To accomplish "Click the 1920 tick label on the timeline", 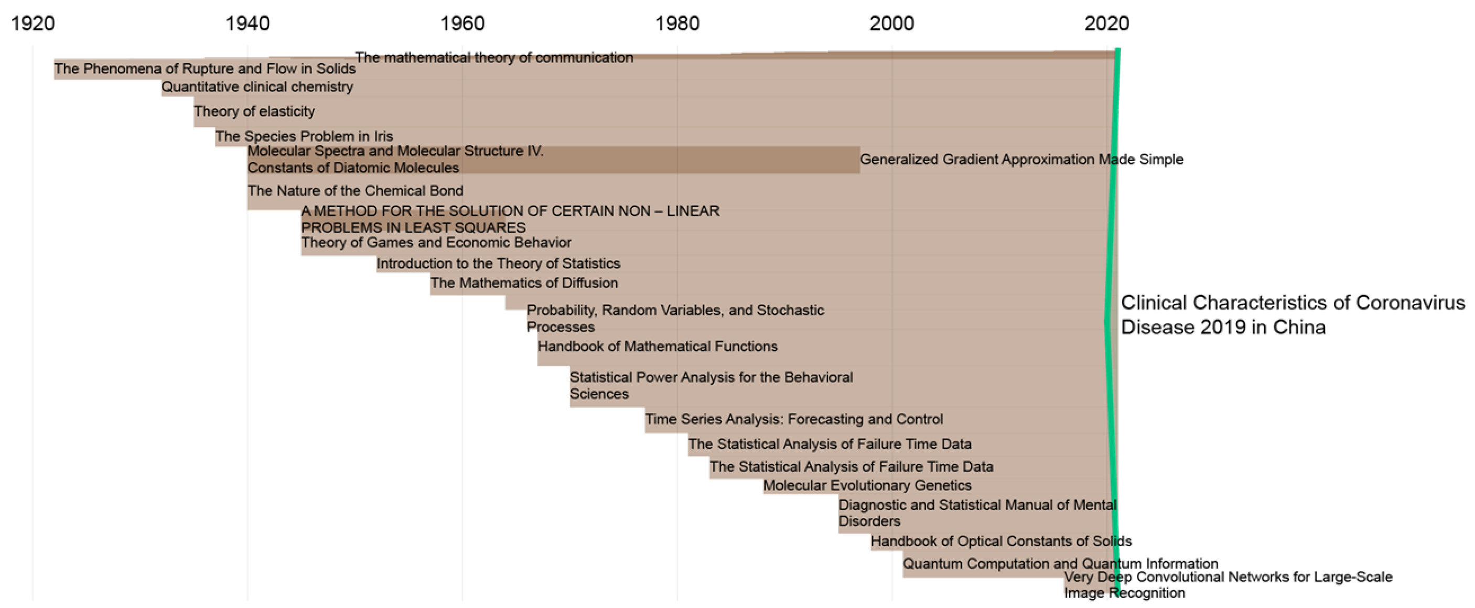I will point(33,24).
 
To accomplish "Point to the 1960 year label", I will point(462,24).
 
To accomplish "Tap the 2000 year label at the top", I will point(891,24).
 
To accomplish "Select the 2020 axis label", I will point(1106,24).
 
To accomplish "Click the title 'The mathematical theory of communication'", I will point(494,57).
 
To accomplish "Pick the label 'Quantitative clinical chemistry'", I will point(257,87).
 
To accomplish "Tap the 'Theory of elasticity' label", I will point(254,111).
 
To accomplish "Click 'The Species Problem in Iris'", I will point(304,136).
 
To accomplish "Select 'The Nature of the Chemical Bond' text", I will point(356,191).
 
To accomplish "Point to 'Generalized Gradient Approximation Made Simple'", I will point(1021,159).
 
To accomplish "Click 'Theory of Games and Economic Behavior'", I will point(436,243).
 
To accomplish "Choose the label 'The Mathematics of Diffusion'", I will point(524,283).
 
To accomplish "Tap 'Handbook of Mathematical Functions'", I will point(658,346).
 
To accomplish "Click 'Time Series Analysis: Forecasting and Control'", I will point(794,419).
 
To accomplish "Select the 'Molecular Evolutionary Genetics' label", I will point(867,485).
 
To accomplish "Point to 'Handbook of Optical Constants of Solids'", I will point(1001,541).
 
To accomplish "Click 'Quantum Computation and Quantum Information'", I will point(1060,563).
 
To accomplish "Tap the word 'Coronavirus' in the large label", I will point(1411,302).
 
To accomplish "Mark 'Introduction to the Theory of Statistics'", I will point(498,263).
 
